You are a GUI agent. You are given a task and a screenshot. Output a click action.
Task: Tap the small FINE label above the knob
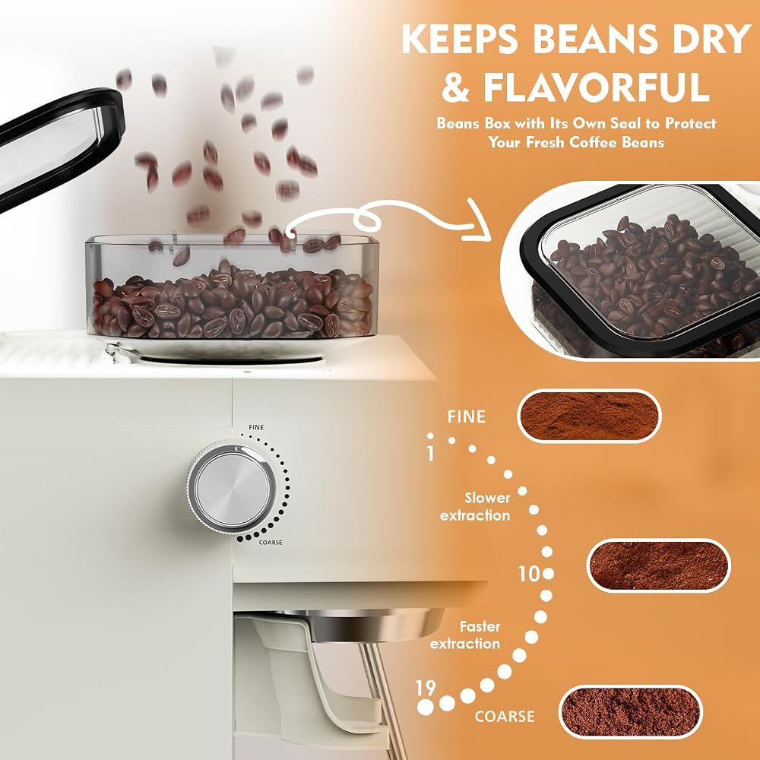256,427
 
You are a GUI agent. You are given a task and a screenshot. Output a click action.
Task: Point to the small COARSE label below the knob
271,543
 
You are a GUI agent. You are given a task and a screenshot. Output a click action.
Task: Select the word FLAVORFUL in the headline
596,87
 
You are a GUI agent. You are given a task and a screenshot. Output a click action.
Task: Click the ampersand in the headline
455,87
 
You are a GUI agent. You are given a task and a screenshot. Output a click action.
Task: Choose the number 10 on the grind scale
529,574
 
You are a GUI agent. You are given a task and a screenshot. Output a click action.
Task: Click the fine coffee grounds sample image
590,416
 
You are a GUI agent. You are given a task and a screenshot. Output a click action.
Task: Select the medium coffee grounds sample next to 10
659,565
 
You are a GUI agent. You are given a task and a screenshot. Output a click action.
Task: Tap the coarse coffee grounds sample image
631,711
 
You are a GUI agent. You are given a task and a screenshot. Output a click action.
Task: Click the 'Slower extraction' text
475,506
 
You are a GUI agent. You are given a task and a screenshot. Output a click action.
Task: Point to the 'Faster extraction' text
465,635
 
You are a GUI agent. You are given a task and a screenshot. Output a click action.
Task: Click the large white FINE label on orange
467,416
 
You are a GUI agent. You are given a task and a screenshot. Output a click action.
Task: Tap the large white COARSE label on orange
505,717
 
